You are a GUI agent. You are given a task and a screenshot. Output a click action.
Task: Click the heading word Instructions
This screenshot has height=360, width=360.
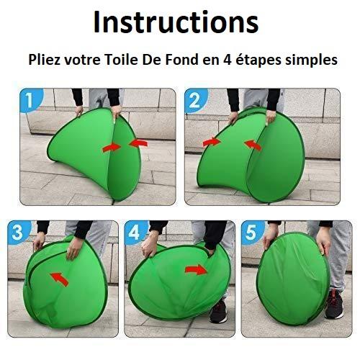(x=176, y=22)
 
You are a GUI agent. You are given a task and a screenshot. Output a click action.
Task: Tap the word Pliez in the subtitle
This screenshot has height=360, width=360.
(x=44, y=60)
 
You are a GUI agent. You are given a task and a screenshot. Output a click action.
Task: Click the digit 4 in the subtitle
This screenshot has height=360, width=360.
(x=228, y=60)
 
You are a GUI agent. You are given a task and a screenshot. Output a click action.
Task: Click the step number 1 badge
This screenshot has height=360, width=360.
(x=30, y=100)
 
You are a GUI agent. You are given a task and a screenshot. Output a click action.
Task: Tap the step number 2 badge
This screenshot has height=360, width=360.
(x=195, y=100)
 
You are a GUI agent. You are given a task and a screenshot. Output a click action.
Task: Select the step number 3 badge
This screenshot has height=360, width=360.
(x=18, y=232)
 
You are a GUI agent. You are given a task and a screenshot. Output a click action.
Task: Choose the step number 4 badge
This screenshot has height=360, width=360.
(x=135, y=232)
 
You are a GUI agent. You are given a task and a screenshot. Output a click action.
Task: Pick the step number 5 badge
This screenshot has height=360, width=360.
(x=251, y=232)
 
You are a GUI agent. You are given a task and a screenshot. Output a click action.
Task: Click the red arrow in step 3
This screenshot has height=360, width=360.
(x=59, y=279)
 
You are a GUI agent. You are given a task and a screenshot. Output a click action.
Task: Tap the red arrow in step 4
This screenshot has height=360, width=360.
(x=196, y=270)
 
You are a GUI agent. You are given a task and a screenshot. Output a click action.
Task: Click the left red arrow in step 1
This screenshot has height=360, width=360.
(x=112, y=147)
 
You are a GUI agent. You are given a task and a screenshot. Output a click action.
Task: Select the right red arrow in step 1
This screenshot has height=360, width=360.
(x=138, y=143)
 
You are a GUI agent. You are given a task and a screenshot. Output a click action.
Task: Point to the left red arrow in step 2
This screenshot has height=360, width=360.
(x=212, y=142)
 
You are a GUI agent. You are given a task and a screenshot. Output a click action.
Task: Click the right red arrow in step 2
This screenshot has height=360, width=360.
(x=253, y=145)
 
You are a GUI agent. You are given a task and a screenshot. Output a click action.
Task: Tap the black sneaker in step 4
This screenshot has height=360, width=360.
(x=218, y=312)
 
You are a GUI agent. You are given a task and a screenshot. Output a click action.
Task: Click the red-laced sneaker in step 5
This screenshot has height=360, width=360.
(x=334, y=305)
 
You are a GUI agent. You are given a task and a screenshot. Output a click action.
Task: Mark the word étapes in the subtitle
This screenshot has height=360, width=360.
(x=258, y=60)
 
